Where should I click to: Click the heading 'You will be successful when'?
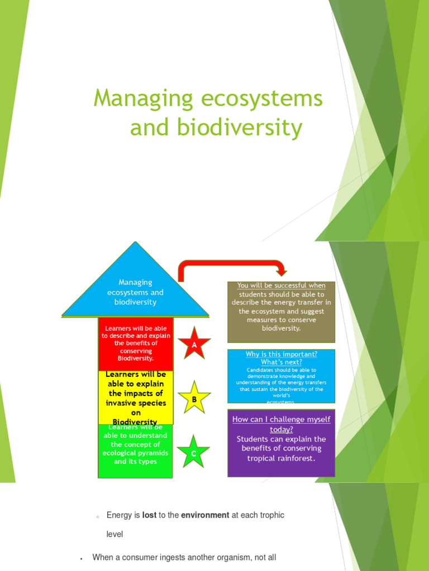(x=281, y=285)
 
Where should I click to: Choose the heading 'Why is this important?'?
(x=281, y=354)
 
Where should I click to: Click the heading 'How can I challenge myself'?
(x=281, y=419)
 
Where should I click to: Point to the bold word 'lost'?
(x=149, y=515)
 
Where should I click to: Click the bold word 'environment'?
(x=205, y=515)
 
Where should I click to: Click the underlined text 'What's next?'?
(x=281, y=362)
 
